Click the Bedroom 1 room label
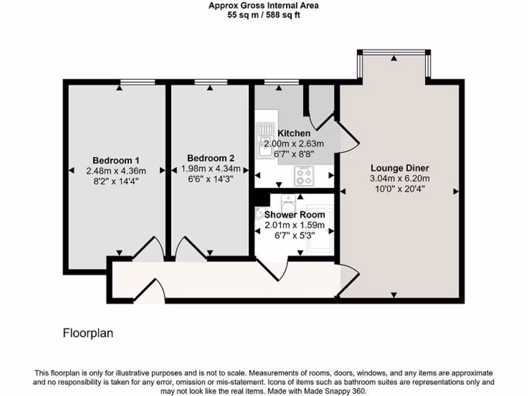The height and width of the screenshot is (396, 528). [116, 160]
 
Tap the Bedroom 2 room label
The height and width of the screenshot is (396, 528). [210, 158]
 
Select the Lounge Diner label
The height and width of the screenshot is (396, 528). [400, 168]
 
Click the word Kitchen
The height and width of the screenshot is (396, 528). [294, 134]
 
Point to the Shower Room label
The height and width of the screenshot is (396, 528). [294, 214]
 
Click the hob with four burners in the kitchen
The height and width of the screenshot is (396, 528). [304, 176]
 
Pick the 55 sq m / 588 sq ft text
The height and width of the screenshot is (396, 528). [263, 15]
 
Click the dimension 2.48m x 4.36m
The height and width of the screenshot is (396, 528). [116, 171]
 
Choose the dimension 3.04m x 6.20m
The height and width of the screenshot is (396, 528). [400, 178]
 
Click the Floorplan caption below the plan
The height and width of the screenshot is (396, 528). [88, 333]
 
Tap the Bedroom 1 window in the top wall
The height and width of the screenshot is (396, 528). [137, 81]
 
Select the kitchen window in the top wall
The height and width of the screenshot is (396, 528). [281, 81]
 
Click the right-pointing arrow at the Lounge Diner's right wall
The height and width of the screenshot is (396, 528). [455, 191]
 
